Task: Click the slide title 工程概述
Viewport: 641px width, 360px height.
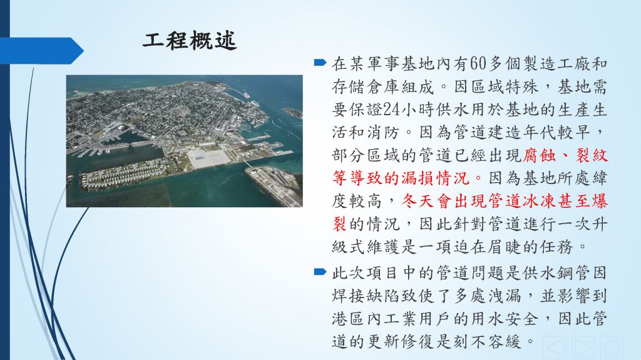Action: [x=190, y=41]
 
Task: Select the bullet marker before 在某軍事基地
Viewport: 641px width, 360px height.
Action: [x=320, y=63]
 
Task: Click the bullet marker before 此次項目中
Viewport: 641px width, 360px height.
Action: [x=320, y=272]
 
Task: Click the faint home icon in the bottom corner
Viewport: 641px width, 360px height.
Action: [x=612, y=347]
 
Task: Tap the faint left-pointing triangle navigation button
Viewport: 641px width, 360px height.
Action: [x=555, y=347]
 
